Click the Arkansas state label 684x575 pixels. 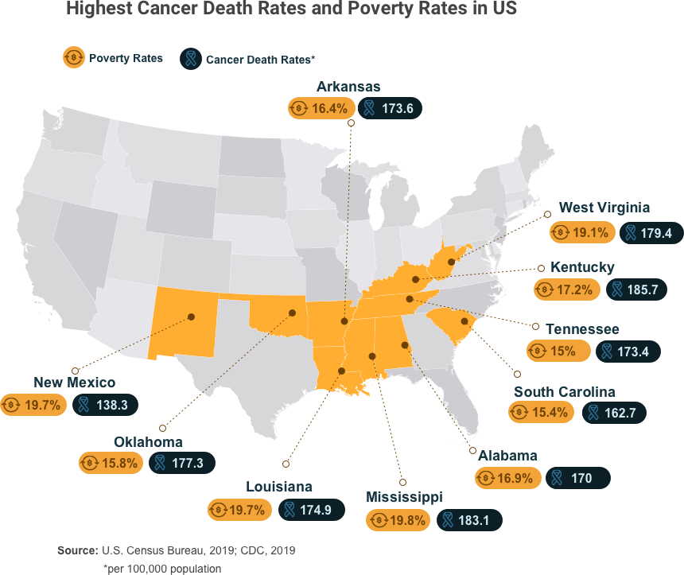click(x=348, y=86)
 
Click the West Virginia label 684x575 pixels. click(x=604, y=208)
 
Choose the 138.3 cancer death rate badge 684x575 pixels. click(x=106, y=404)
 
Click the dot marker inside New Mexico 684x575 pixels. click(x=192, y=316)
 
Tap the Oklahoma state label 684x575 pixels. click(x=148, y=441)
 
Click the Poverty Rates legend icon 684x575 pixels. click(x=74, y=57)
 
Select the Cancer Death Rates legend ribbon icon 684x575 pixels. click(x=191, y=58)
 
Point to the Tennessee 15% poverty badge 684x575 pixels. click(x=558, y=350)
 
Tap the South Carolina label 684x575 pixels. click(x=564, y=391)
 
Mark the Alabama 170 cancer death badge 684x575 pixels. click(x=577, y=478)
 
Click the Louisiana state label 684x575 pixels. click(x=278, y=487)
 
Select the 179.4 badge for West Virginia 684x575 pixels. click(x=651, y=232)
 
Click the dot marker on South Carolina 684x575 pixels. click(x=464, y=334)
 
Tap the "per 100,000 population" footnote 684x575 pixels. click(x=162, y=569)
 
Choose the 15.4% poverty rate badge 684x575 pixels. click(x=542, y=412)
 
